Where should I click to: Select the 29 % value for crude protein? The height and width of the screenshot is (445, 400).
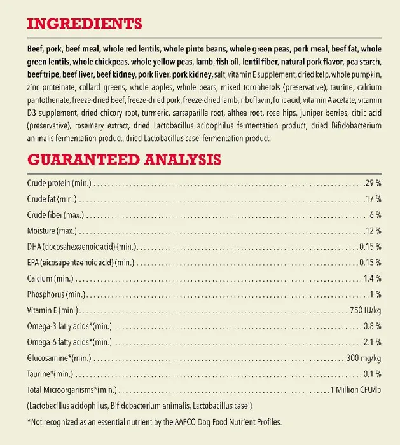[x=373, y=183]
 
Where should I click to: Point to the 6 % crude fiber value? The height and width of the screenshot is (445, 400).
[x=375, y=215]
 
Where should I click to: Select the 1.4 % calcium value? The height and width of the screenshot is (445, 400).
[x=371, y=278]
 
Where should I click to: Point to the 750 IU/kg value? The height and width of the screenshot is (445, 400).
[x=365, y=310]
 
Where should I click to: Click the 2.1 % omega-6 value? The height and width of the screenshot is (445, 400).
[x=371, y=342]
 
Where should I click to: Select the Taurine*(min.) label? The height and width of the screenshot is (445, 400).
[x=50, y=374]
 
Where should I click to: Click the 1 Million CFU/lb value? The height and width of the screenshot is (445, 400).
[x=355, y=390]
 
